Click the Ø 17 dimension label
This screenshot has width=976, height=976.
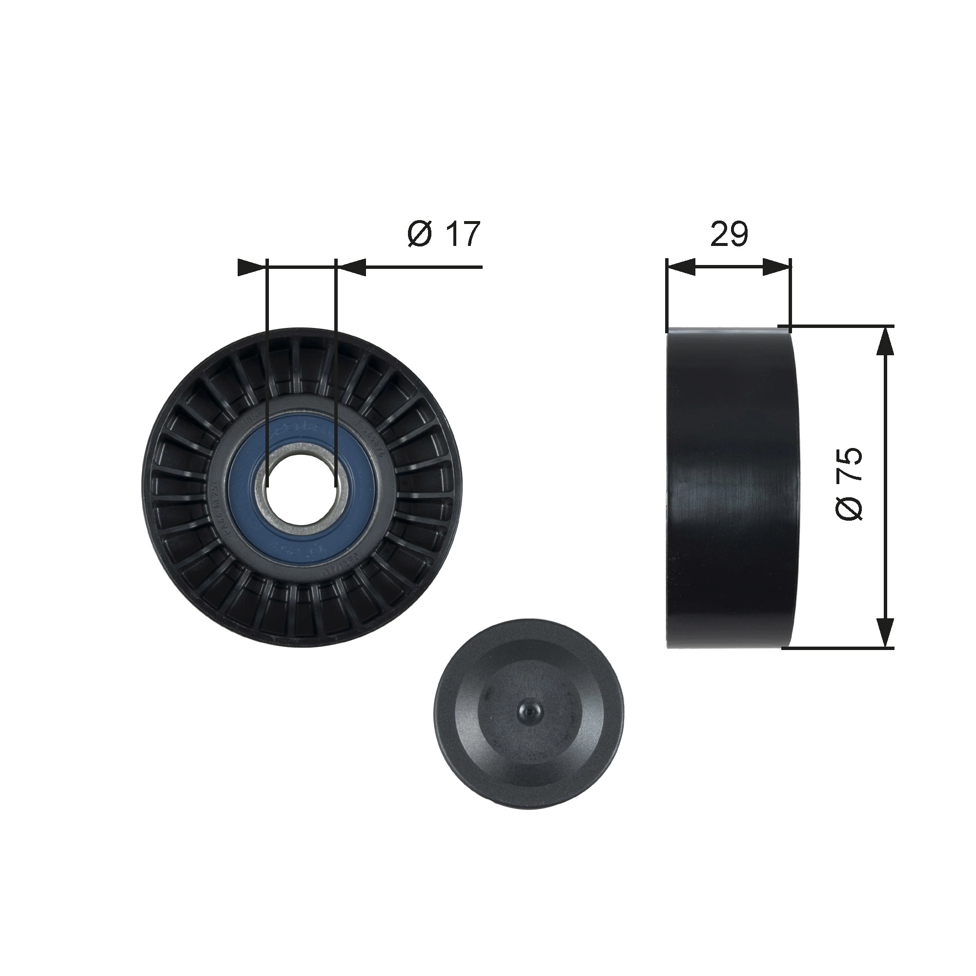pos(443,234)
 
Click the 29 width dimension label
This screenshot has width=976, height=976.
pos(729,234)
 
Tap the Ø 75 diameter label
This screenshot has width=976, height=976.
pos(849,484)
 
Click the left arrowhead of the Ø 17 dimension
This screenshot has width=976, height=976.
pos(250,267)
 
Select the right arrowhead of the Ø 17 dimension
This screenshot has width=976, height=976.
pos(350,267)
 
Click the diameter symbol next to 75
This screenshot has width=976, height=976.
pos(849,506)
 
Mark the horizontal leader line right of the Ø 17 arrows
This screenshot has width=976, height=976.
pos(425,267)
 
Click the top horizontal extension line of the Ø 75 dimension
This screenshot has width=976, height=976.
pos(838,326)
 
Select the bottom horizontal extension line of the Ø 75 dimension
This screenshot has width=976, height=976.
pos(838,648)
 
